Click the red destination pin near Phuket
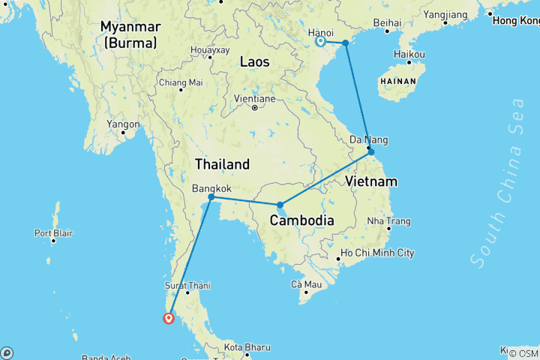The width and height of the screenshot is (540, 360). click(169, 318)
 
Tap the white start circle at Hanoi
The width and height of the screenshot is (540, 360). click(320, 41)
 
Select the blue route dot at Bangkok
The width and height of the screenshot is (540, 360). click(211, 197)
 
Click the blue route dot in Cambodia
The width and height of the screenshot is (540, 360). click(280, 205)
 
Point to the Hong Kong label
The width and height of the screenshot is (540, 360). click(516, 20)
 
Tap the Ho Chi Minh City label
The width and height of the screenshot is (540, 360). click(377, 253)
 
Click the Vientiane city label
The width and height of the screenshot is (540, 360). click(254, 98)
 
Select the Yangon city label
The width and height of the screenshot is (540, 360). click(124, 124)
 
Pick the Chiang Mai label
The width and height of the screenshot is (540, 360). click(181, 82)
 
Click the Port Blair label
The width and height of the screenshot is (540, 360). click(53, 233)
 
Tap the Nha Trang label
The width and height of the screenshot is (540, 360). click(388, 221)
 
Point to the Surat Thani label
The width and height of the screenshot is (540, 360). click(187, 286)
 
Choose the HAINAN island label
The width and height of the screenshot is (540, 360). click(398, 79)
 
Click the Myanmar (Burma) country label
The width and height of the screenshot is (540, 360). click(130, 35)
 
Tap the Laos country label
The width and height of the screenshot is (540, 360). click(254, 62)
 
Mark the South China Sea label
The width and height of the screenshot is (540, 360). click(497, 181)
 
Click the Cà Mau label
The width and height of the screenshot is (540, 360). click(307, 284)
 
